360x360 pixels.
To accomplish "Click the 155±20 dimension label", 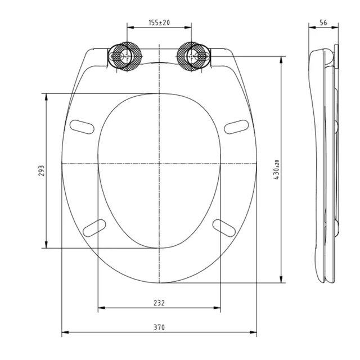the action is [x=159, y=22].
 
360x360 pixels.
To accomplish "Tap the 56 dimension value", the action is [x=323, y=22].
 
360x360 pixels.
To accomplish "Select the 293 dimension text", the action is [x=41, y=170].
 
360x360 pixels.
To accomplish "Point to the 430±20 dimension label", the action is [x=276, y=170].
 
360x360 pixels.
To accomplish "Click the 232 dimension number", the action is [x=159, y=303].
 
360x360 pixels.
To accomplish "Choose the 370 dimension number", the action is [x=159, y=327].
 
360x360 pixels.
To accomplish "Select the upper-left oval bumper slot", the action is [x=82, y=127].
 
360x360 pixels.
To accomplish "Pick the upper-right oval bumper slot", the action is [x=236, y=127].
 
